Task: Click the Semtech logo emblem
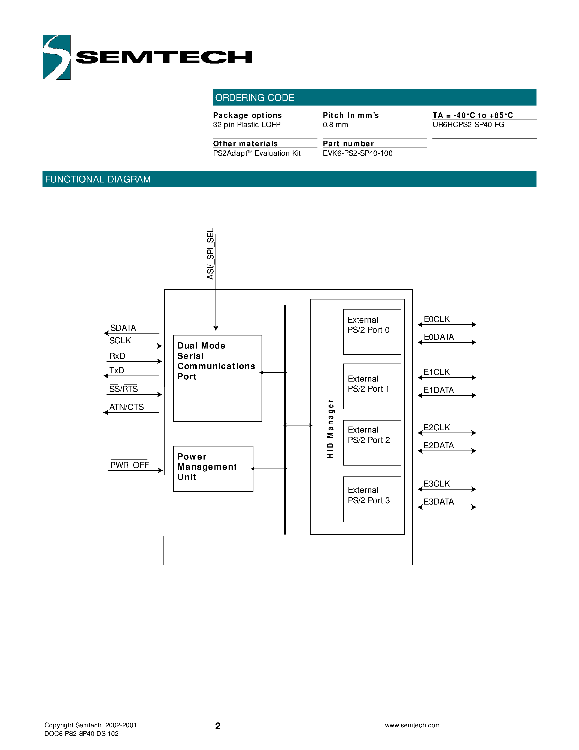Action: pyautogui.click(x=57, y=57)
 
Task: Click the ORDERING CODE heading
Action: pyautogui.click(x=254, y=98)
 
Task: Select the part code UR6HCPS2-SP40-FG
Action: pyautogui.click(x=468, y=125)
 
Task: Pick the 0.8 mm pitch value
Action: pyautogui.click(x=335, y=125)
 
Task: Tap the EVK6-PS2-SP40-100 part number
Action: pyautogui.click(x=357, y=153)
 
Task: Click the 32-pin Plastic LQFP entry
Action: pyautogui.click(x=247, y=125)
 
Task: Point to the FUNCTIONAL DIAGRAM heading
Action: pyautogui.click(x=98, y=179)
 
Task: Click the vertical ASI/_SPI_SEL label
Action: pyautogui.click(x=210, y=254)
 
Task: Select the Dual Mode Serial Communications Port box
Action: pyautogui.click(x=217, y=378)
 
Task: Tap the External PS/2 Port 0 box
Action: pyautogui.click(x=372, y=332)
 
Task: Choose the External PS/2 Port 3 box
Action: pyautogui.click(x=372, y=499)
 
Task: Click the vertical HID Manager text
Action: pyautogui.click(x=330, y=428)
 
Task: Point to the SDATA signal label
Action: pyautogui.click(x=123, y=328)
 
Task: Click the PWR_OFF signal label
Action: pyautogui.click(x=129, y=465)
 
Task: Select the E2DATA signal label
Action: pyautogui.click(x=438, y=445)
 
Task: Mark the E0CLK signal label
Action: pyautogui.click(x=437, y=319)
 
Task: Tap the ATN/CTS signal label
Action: pyautogui.click(x=126, y=407)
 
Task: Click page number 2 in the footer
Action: pyautogui.click(x=217, y=726)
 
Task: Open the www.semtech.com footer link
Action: pyautogui.click(x=412, y=725)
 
